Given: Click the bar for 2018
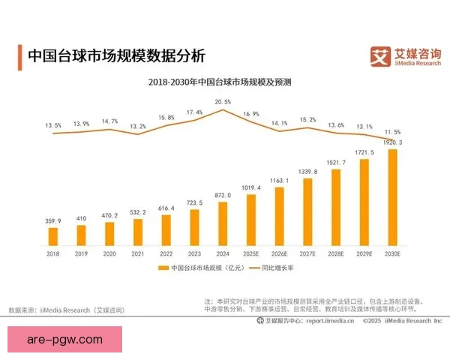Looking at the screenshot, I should [53, 237].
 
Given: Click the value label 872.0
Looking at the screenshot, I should [223, 195].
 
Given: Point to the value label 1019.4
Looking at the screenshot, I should [251, 187].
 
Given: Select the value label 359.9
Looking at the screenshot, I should [53, 220].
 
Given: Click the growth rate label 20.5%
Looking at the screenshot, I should [223, 101].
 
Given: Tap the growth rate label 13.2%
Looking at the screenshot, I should [138, 127].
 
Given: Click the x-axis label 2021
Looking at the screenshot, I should [138, 254].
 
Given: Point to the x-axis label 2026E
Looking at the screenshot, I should [279, 254].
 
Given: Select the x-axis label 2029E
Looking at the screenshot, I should [364, 254].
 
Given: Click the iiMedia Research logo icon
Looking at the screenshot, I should [381, 55].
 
